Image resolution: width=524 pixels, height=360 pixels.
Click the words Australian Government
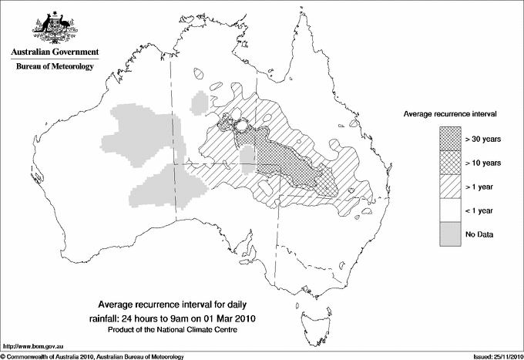pos(55,52)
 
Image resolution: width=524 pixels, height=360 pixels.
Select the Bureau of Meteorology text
pos(55,67)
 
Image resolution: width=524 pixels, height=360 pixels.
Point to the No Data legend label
pos(479,234)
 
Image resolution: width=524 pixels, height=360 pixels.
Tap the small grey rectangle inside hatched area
pos(247,162)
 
